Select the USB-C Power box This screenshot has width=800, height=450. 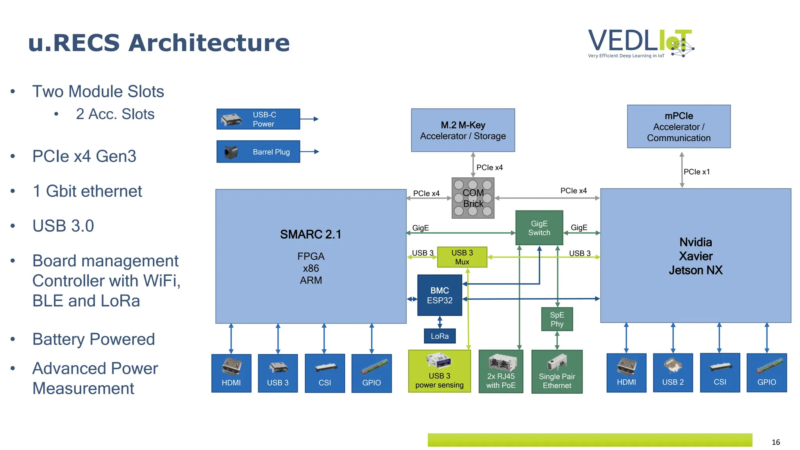pyautogui.click(x=258, y=119)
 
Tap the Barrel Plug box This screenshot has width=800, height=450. pyautogui.click(x=258, y=152)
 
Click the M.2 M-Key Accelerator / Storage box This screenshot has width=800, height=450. pyautogui.click(x=463, y=130)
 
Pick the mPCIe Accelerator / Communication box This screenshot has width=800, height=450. pyautogui.click(x=679, y=127)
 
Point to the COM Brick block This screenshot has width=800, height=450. pyautogui.click(x=473, y=198)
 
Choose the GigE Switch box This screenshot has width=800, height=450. pyautogui.click(x=539, y=228)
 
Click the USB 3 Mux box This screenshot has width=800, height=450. pyautogui.click(x=462, y=257)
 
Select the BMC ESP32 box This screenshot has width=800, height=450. pyautogui.click(x=439, y=295)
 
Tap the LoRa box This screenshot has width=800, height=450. pyautogui.click(x=439, y=336)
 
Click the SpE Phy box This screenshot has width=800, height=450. pyautogui.click(x=557, y=319)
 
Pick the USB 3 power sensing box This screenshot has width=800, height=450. pyautogui.click(x=439, y=371)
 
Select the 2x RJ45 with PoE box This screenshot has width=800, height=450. pyautogui.click(x=501, y=371)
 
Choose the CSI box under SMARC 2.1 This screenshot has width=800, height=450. pyautogui.click(x=325, y=373)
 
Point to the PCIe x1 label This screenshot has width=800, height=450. pyautogui.click(x=696, y=172)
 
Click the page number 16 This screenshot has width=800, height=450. pyautogui.click(x=775, y=442)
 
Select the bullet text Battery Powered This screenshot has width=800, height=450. pyautogui.click(x=94, y=339)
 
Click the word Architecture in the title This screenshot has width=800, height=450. pyautogui.click(x=209, y=43)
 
